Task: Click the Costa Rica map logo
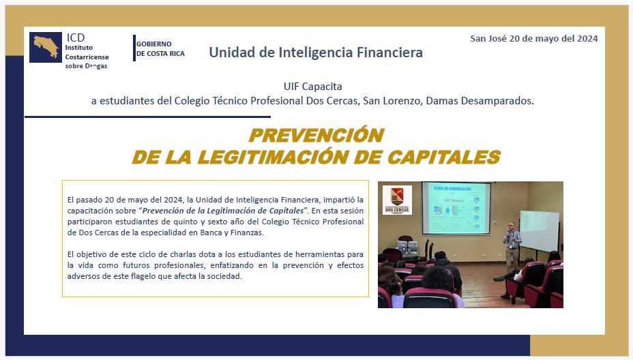point(46,47)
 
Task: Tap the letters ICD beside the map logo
point(76,37)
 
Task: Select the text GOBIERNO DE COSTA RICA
point(160,48)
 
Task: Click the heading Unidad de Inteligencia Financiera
point(316,52)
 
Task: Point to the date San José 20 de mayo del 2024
point(533,38)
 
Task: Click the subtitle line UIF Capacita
point(312,87)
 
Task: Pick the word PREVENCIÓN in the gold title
point(316,135)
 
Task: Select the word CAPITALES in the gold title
point(444,157)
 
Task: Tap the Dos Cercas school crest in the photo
point(397,200)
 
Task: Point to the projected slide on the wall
point(456,208)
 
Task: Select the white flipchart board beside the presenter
point(539,229)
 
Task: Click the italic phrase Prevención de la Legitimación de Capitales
point(223,211)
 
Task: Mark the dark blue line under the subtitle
point(148,117)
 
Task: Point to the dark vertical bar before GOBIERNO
point(134,48)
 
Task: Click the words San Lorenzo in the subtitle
point(391,101)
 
